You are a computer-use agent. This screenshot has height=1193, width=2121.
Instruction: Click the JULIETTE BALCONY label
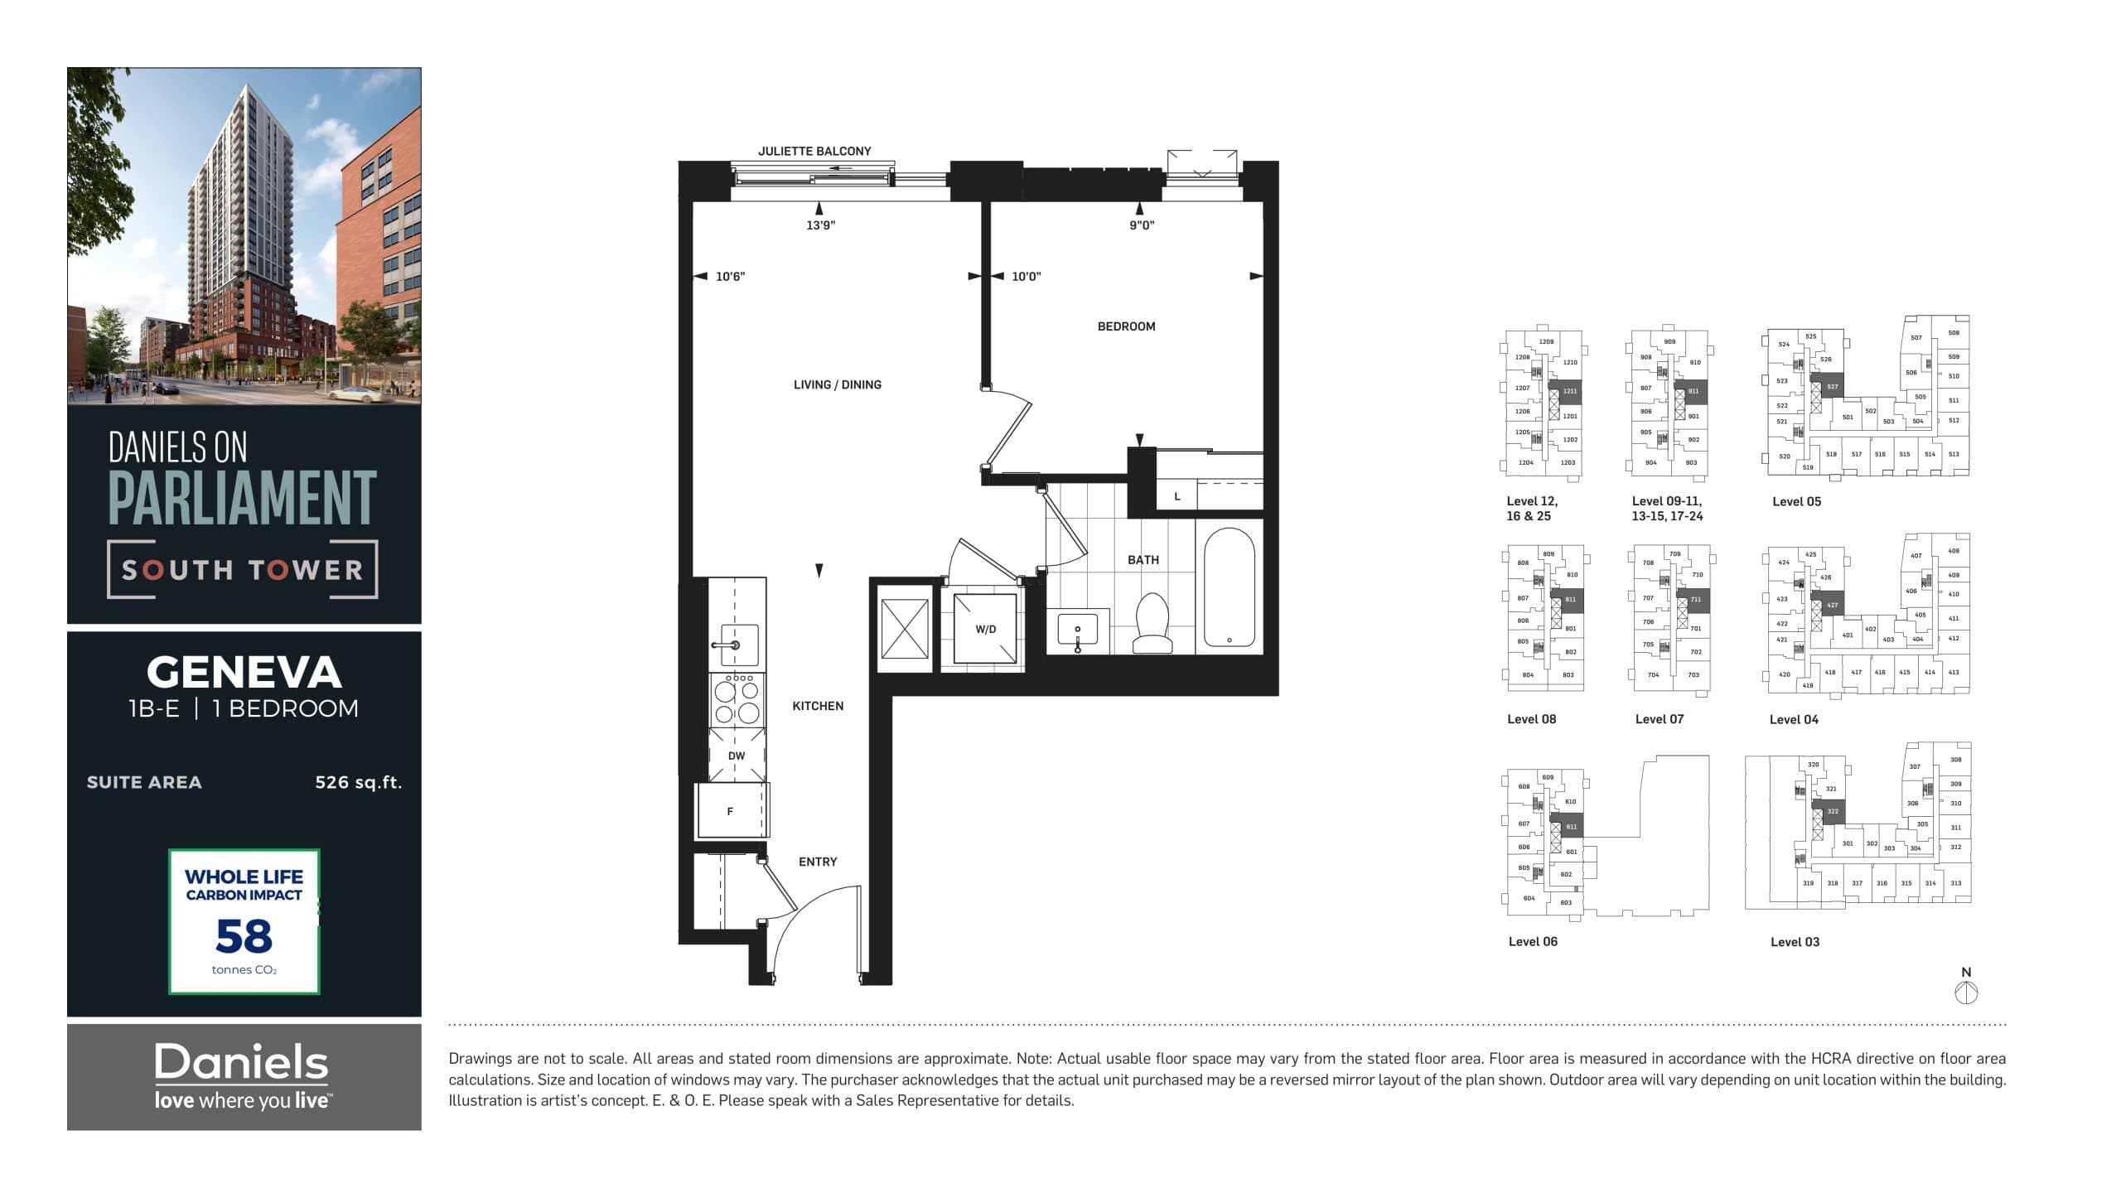[814, 151]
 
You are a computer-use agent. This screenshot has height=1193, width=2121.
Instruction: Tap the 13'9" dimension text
[820, 225]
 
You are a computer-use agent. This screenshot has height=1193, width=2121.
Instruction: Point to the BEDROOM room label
[1126, 326]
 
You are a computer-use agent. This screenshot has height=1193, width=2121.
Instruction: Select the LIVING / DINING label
[837, 384]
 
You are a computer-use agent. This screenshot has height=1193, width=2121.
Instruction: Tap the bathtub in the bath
[1229, 587]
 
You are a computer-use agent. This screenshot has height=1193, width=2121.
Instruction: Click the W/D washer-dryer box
[985, 629]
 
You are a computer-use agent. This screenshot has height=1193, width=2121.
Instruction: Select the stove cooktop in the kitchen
[737, 701]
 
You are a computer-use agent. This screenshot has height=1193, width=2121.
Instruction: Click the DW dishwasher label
[737, 756]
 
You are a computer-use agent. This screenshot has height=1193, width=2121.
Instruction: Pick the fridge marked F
[731, 811]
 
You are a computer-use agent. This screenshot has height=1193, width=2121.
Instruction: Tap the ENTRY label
[817, 862]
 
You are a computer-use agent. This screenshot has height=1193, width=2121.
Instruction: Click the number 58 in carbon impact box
[244, 936]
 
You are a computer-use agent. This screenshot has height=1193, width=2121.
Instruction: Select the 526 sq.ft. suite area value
[358, 782]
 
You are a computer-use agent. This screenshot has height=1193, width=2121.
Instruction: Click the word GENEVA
[244, 672]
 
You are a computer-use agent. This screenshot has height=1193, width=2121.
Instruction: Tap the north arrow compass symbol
[1966, 992]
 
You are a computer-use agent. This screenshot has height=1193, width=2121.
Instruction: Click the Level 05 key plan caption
[1796, 501]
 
